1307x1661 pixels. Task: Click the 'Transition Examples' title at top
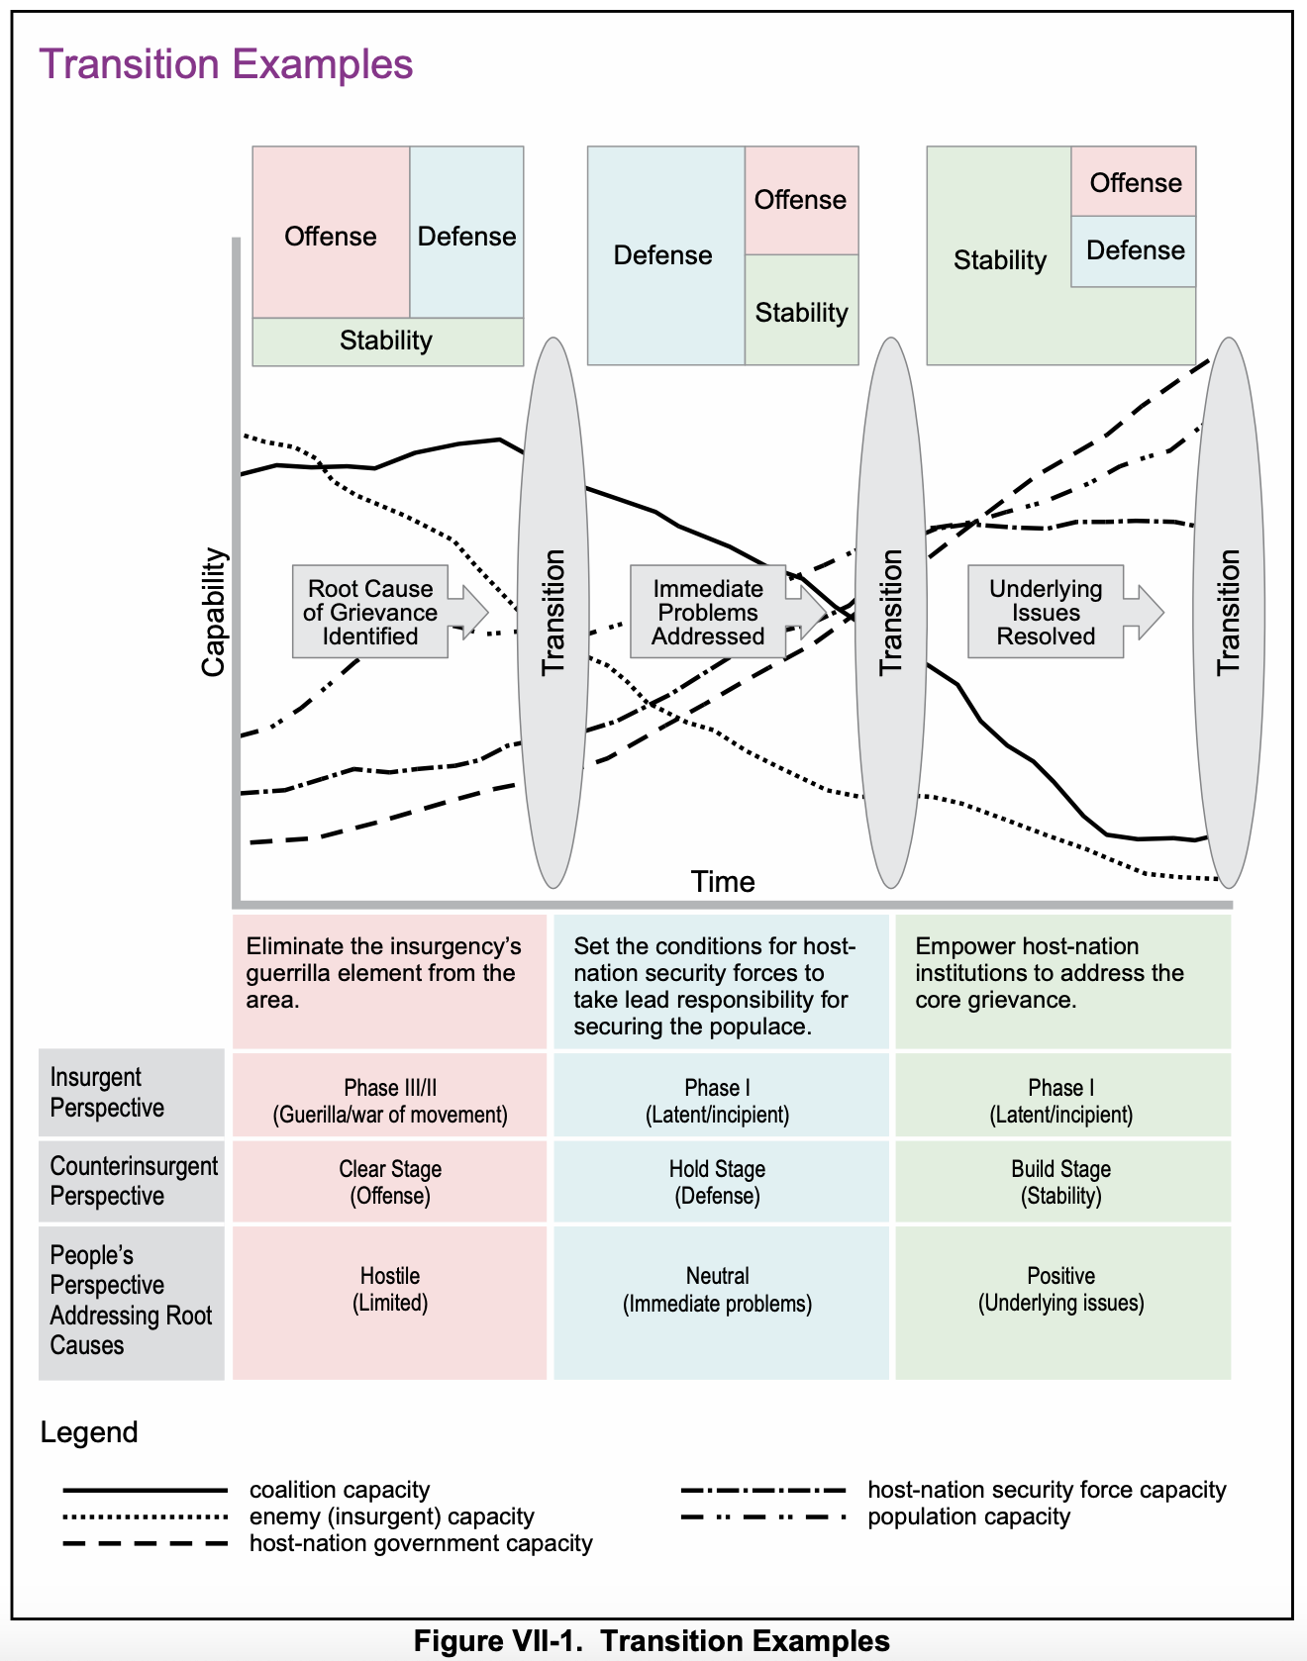tap(226, 65)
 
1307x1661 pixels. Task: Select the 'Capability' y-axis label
tap(214, 613)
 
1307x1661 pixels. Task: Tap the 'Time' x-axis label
tap(723, 881)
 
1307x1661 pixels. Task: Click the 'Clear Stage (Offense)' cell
tap(390, 1182)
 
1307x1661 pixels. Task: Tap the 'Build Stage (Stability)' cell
tap(1062, 1182)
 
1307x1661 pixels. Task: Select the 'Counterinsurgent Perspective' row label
tap(132, 1181)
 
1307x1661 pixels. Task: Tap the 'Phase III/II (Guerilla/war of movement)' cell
tap(390, 1101)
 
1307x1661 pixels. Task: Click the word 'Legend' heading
tap(89, 1432)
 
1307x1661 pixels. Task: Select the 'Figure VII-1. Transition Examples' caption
tap(652, 1640)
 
